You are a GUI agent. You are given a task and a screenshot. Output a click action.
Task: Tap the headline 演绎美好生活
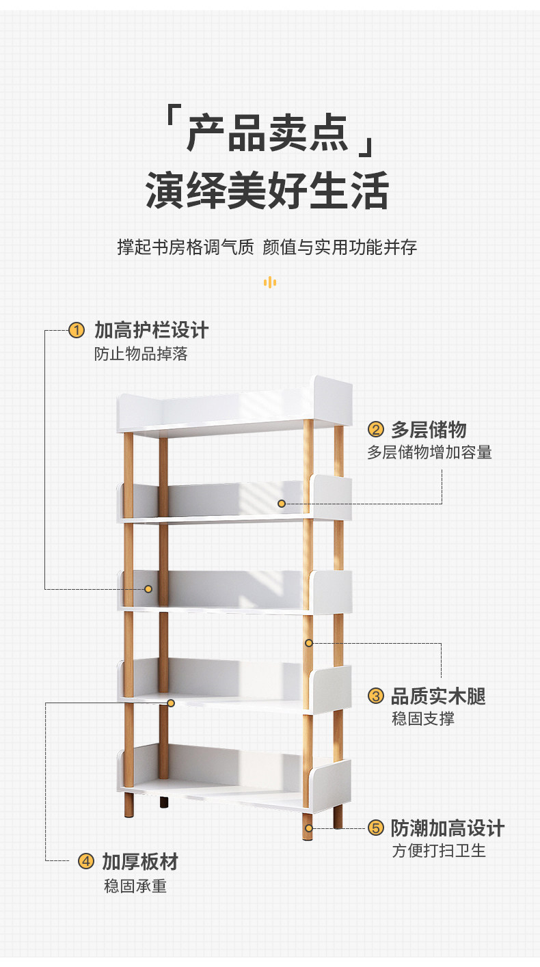click(267, 190)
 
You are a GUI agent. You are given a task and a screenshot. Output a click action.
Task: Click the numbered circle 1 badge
click(77, 331)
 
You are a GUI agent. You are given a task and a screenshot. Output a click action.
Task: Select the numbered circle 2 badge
click(375, 429)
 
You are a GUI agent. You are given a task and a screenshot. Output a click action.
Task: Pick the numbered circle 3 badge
click(375, 696)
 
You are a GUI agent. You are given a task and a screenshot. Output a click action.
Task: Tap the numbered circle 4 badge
click(85, 861)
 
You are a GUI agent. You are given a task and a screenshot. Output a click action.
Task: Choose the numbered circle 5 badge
click(375, 828)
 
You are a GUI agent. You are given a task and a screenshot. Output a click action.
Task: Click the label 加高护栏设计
click(151, 331)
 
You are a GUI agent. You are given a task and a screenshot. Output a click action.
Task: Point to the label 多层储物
click(429, 429)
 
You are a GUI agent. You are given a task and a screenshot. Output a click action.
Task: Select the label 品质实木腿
click(438, 696)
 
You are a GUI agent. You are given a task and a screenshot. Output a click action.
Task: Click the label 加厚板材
click(140, 861)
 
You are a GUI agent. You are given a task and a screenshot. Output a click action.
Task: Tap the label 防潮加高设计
click(448, 828)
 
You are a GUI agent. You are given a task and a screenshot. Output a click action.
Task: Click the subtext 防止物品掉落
click(141, 354)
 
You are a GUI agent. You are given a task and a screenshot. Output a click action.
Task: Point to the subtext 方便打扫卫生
click(438, 851)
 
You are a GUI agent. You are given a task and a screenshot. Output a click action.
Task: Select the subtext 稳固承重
click(135, 886)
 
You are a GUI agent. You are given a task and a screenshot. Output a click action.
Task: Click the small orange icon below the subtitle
click(270, 282)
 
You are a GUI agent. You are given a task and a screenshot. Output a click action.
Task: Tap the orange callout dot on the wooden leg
click(309, 643)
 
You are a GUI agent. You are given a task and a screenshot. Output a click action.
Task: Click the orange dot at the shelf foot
click(309, 828)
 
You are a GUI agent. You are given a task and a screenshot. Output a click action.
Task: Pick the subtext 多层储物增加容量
click(429, 452)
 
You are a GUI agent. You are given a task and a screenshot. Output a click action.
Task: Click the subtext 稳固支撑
click(422, 719)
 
